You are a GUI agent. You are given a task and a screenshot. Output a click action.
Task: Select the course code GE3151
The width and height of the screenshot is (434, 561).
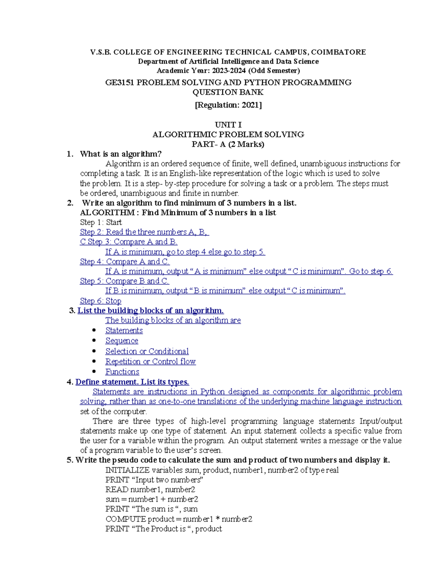[x=119, y=82]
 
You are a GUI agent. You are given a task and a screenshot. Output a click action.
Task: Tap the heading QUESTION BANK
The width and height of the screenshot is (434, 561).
[x=228, y=92]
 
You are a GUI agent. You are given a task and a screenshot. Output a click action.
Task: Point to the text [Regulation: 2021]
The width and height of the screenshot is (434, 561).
[x=228, y=105]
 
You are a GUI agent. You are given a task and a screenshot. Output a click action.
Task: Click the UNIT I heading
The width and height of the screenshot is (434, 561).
[x=228, y=125]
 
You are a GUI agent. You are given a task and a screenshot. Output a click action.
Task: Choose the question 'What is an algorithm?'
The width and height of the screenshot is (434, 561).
[x=121, y=154]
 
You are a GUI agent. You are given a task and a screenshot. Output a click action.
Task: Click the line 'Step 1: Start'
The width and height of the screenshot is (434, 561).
[x=101, y=222]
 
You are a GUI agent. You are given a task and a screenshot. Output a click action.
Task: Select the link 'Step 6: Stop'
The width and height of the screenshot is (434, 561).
[x=101, y=301]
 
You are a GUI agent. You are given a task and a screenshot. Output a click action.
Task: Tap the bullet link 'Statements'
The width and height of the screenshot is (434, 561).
[x=124, y=330]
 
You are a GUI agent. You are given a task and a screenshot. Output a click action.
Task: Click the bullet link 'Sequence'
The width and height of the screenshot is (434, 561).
[x=122, y=340]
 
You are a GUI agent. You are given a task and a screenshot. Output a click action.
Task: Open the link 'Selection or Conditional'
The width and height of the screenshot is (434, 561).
[x=147, y=351]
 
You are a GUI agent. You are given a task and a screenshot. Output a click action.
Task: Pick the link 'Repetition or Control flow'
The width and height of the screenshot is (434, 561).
[x=150, y=361]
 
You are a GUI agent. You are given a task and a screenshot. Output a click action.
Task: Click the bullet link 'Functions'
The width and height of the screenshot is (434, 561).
[x=122, y=371]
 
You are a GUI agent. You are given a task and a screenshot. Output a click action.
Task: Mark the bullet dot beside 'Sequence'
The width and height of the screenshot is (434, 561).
[x=94, y=340]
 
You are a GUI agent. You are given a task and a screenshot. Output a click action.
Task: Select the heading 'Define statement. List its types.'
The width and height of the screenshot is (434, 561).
[x=132, y=382]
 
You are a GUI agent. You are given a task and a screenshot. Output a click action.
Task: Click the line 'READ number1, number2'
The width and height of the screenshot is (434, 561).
[x=150, y=489]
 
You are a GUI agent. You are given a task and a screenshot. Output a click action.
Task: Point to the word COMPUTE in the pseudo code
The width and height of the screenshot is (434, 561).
[x=125, y=519]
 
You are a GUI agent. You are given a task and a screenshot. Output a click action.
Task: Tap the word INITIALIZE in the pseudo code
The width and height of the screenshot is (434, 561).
[x=127, y=470]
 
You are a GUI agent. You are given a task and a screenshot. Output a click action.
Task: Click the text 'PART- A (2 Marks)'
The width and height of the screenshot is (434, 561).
[x=228, y=144]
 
